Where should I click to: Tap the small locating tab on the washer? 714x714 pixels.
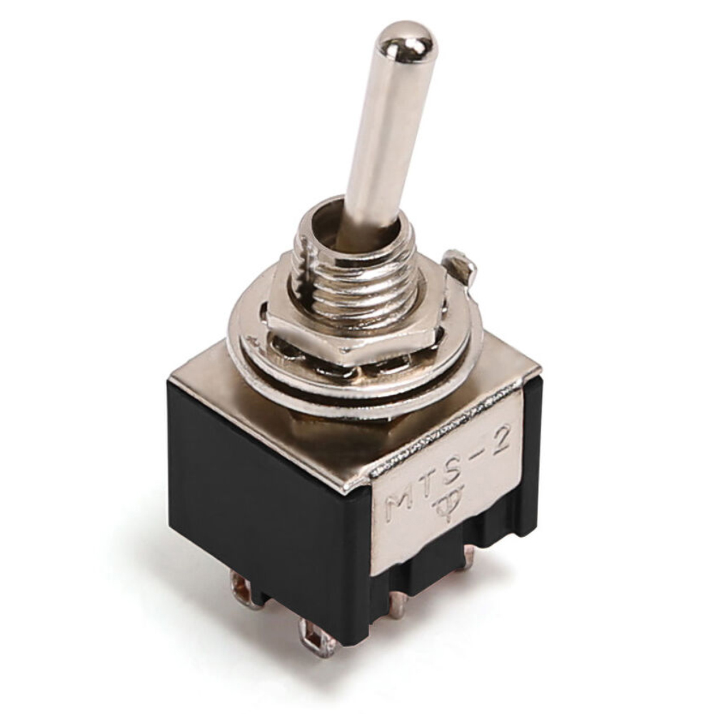[459, 266]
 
